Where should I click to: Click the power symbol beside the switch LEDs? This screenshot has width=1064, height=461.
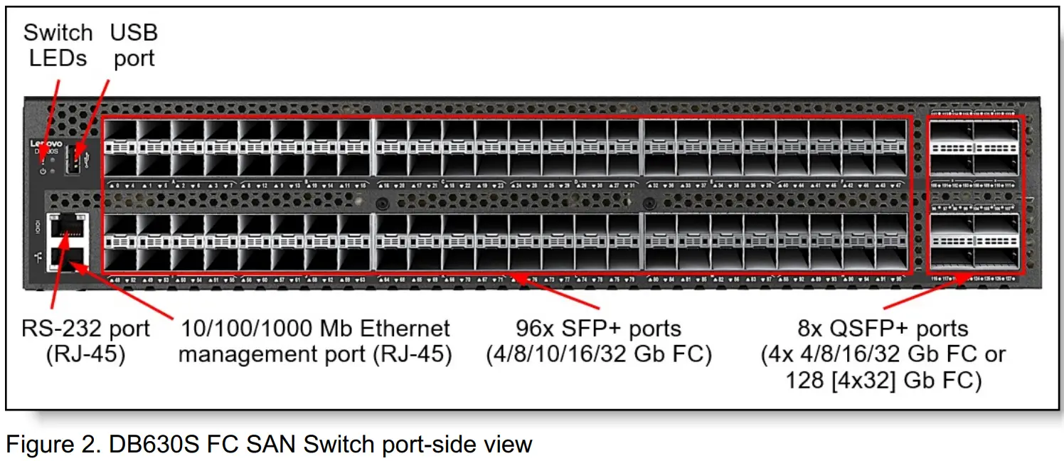tap(43, 171)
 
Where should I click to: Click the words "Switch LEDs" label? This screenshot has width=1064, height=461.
tap(58, 45)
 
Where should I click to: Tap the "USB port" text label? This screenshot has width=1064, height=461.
tap(134, 45)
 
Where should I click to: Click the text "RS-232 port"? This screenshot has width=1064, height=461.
tap(86, 329)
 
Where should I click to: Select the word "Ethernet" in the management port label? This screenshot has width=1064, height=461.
tap(385, 329)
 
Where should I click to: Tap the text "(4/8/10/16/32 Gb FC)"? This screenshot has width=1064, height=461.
tap(599, 354)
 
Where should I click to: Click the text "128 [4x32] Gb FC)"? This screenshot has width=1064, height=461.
tap(883, 380)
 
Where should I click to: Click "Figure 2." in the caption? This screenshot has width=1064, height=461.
tap(50, 445)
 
